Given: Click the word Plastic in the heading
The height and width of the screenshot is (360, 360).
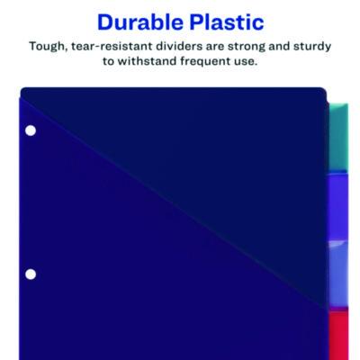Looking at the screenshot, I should pyautogui.click(x=222, y=20).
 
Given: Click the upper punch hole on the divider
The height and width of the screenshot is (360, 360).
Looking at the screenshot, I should pyautogui.click(x=30, y=131).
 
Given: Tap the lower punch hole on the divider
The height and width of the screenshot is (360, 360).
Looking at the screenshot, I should pyautogui.click(x=30, y=274).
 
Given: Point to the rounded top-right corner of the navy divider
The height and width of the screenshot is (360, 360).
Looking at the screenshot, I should pyautogui.click(x=319, y=93).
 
